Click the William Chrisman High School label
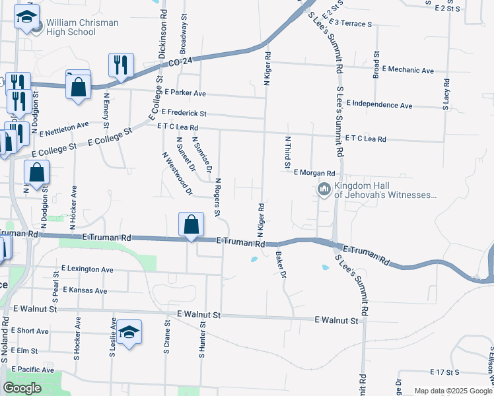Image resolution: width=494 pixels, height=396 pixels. tap(82, 27)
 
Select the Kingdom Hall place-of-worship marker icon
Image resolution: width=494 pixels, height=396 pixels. tap(324, 190)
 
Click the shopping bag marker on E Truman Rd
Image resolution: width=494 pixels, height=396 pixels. tap(191, 224)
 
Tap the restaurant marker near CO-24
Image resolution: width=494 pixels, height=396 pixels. tap(120, 65)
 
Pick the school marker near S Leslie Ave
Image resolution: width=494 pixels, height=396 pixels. tap(130, 333)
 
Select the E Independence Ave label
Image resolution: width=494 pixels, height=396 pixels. tap(379, 105)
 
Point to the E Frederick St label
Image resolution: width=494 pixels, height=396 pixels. tap(184, 114)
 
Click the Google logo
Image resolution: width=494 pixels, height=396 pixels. tap(22, 388)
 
